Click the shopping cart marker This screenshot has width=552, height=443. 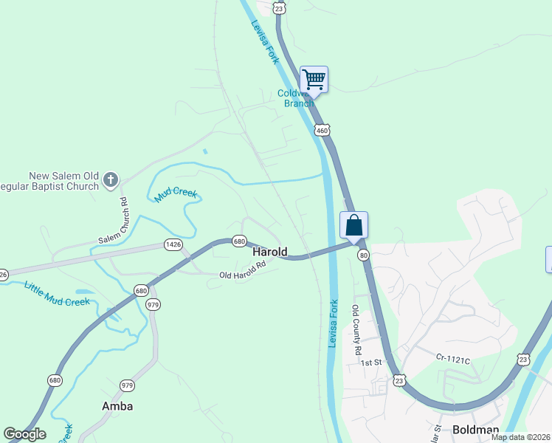(x=314, y=79)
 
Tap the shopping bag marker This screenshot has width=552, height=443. (x=353, y=224)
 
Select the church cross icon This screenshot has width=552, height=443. (x=111, y=179)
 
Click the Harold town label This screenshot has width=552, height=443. (x=269, y=252)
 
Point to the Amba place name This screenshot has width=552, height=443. (x=117, y=406)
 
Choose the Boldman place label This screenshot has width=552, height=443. (x=475, y=429)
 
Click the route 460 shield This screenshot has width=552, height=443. (x=321, y=131)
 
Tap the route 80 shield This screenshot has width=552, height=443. (x=363, y=255)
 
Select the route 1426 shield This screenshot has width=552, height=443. (x=173, y=244)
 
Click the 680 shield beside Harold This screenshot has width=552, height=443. (x=238, y=241)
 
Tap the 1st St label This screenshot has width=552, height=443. (x=370, y=363)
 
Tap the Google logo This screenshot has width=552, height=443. (x=24, y=434)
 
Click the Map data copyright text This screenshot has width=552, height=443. (x=520, y=437)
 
